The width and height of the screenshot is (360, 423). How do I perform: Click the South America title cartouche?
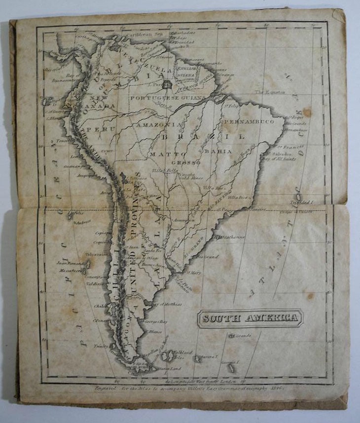[x=250, y=318]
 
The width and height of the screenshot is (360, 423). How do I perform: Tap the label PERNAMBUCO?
[x=249, y=121]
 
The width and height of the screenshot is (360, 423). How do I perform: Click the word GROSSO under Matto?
[x=186, y=162]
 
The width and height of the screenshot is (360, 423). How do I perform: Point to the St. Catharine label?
[x=233, y=237]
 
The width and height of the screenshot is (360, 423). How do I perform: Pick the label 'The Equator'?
[x=270, y=92]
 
